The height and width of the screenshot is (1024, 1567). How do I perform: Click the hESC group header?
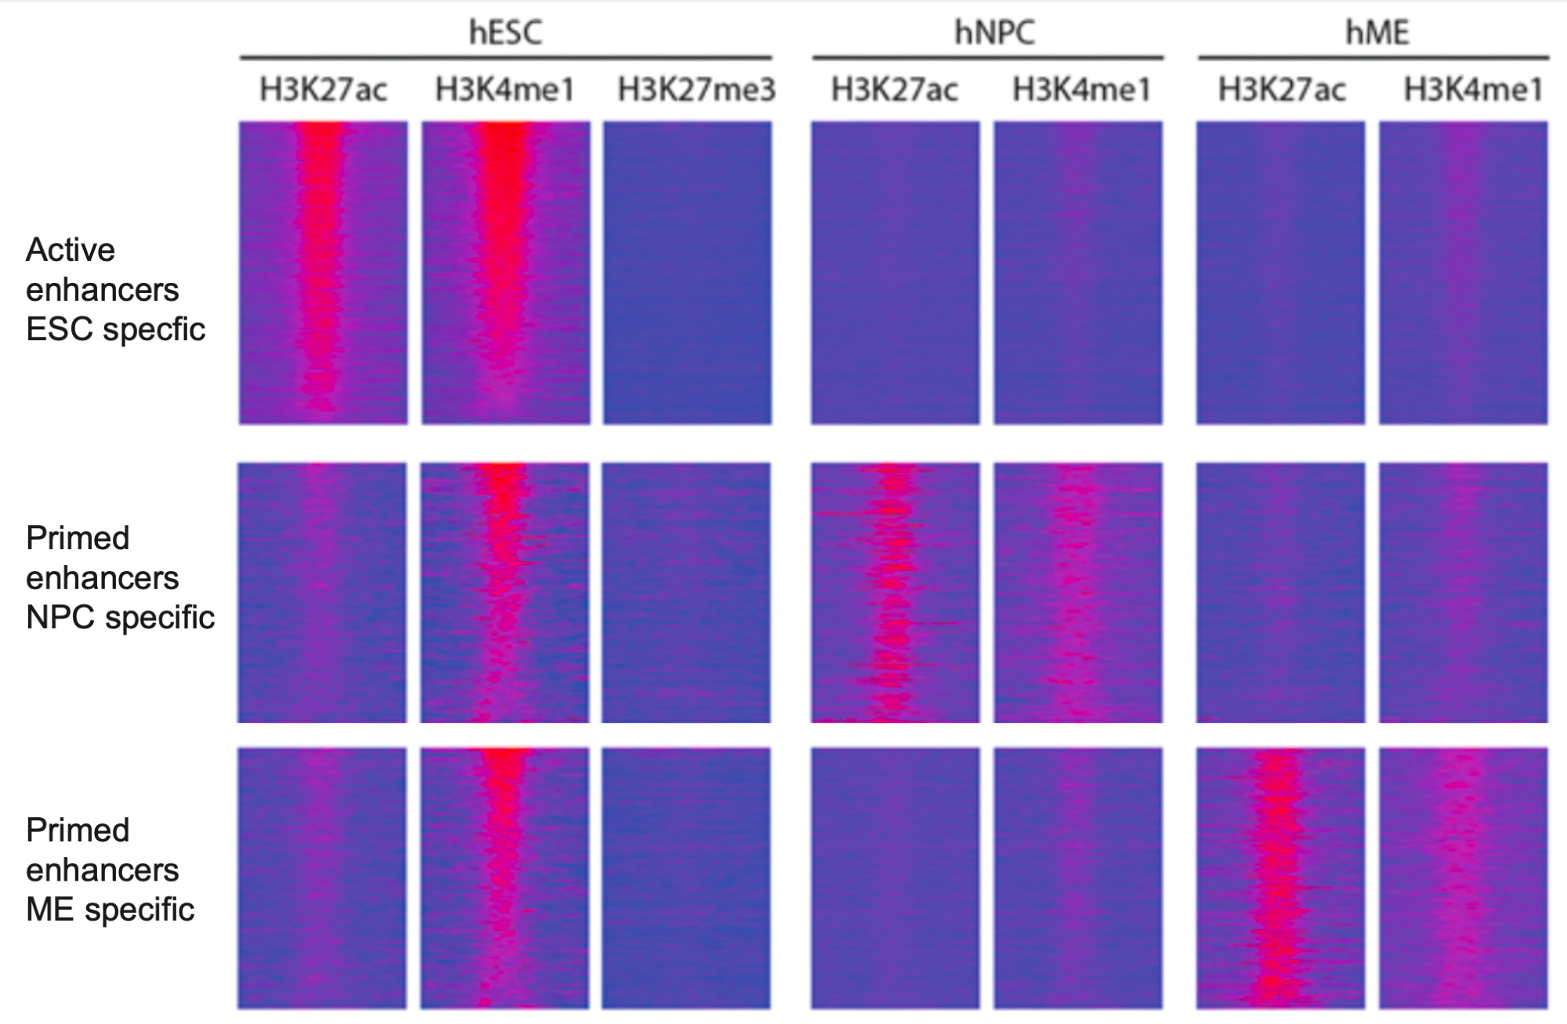[505, 32]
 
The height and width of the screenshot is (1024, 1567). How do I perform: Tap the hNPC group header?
[993, 32]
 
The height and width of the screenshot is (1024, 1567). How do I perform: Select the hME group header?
[1377, 32]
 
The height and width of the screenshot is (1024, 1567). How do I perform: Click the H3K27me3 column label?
[696, 89]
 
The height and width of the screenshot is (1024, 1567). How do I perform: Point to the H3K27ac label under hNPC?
[894, 89]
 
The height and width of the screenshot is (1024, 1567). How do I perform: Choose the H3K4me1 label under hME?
[1472, 89]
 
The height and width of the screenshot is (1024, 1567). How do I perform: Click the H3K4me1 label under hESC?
[505, 89]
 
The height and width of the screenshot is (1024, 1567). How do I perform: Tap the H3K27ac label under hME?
[1281, 89]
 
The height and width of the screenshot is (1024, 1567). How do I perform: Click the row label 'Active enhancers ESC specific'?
[115, 289]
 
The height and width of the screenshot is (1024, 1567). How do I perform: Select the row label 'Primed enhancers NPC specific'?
[119, 577]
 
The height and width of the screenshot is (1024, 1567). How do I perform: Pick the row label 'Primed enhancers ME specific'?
[110, 870]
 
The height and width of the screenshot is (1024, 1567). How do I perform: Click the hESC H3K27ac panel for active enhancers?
[323, 273]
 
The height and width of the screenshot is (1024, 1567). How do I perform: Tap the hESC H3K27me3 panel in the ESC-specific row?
[686, 273]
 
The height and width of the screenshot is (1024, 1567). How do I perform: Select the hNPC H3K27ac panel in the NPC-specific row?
[895, 592]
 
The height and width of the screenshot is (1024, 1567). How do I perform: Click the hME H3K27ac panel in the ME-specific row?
[1280, 877]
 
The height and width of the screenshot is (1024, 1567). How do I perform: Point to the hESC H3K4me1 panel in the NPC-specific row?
[505, 592]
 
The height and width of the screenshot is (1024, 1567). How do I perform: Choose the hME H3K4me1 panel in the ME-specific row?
[1463, 877]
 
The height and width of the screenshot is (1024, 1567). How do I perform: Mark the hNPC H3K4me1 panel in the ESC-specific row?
[1078, 273]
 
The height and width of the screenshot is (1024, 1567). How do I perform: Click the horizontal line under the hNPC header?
[987, 58]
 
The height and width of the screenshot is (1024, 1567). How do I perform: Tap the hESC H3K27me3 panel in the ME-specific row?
[686, 877]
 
